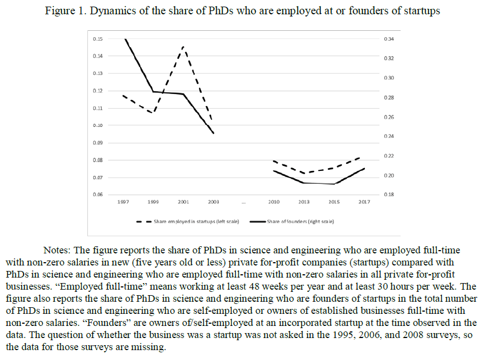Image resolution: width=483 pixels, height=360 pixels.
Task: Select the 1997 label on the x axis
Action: tap(123, 202)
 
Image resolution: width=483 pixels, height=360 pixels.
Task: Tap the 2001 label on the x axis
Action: tap(183, 202)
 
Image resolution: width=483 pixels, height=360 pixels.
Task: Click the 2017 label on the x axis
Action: tap(364, 202)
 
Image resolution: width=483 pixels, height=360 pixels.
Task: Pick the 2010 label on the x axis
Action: tap(274, 202)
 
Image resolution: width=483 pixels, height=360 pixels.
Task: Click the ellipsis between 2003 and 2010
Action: tap(243, 203)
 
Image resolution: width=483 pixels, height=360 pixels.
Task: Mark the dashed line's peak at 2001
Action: tap(184, 47)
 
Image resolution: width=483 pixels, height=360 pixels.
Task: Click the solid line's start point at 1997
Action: tap(124, 39)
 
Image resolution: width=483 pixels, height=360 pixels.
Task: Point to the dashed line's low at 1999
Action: tap(153, 113)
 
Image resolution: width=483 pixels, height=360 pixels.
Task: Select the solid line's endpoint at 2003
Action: tap(213, 133)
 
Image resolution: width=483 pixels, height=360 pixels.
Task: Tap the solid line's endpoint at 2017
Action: tap(364, 168)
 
